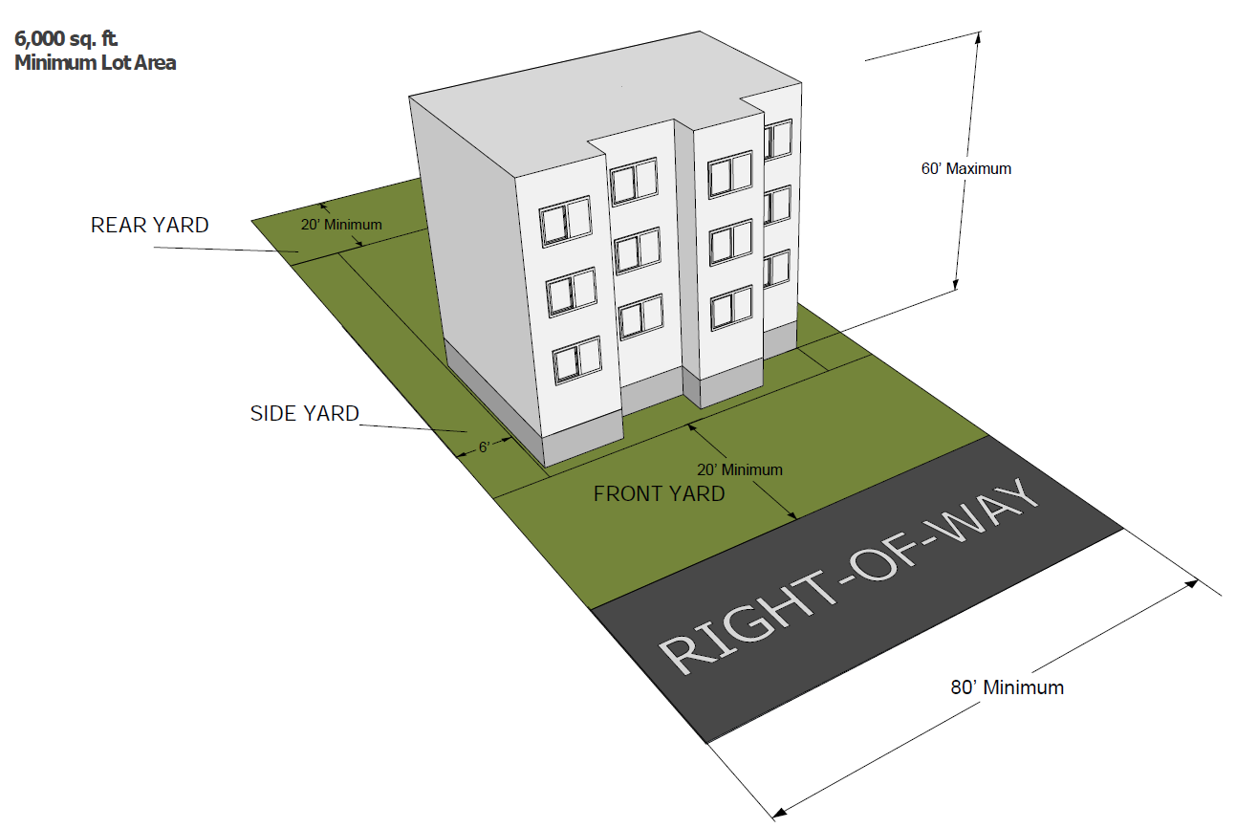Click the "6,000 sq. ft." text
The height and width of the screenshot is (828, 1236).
[64, 41]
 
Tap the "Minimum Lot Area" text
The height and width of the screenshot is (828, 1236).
[95, 64]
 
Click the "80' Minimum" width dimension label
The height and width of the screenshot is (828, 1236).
[1007, 687]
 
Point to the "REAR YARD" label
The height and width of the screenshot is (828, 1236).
[149, 226]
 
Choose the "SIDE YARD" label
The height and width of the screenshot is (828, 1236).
[304, 414]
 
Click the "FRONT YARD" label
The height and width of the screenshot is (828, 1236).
[659, 494]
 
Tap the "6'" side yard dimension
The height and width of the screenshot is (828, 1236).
[484, 447]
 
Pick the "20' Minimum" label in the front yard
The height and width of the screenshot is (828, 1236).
[740, 469]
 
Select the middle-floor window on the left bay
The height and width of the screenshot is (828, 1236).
[572, 292]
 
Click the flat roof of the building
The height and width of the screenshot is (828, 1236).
[593, 115]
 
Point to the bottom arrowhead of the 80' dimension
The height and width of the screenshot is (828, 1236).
[778, 813]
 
